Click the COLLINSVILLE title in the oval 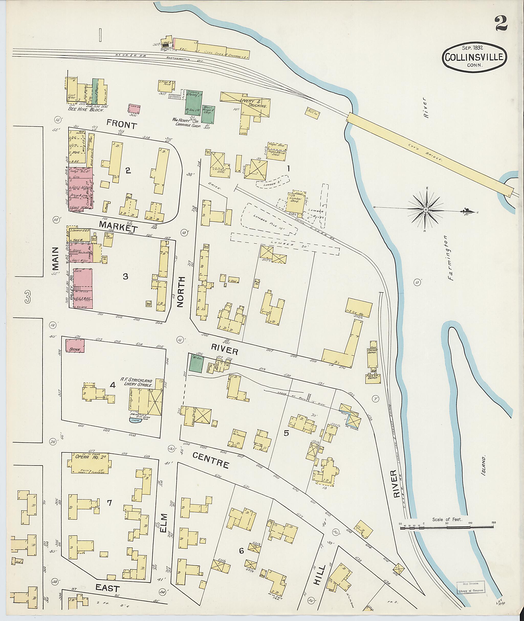(x=474, y=57)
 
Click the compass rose (x=425, y=210)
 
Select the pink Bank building (x=75, y=346)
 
